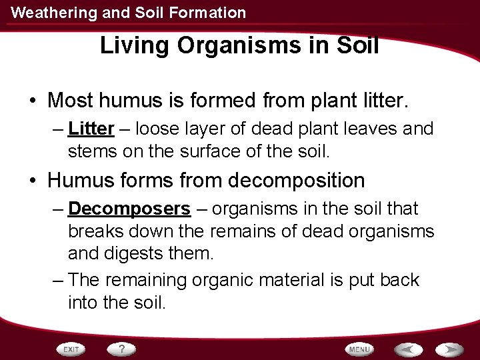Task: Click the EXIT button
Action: click(x=71, y=349)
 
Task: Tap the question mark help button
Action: click(x=122, y=349)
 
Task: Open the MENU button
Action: click(x=359, y=349)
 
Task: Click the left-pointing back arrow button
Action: click(x=408, y=349)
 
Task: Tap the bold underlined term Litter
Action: click(x=91, y=128)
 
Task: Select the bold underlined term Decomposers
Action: click(x=129, y=209)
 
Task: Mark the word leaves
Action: click(x=369, y=128)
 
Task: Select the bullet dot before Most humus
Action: click(x=32, y=101)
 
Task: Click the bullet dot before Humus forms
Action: click(x=32, y=181)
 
